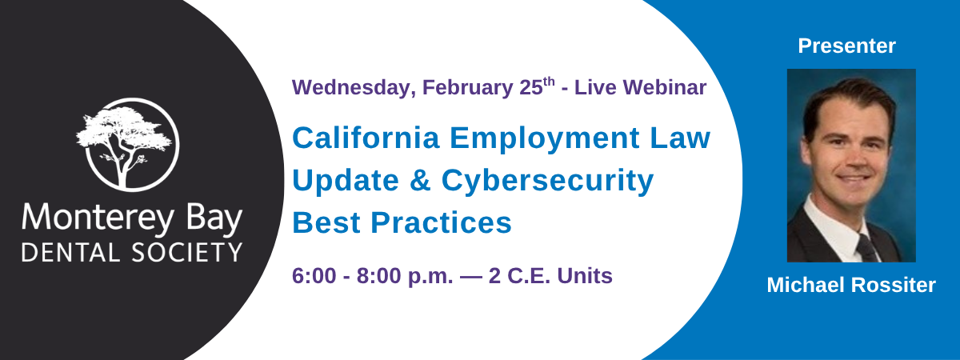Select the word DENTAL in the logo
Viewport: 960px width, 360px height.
(x=70, y=253)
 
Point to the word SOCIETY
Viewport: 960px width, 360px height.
(x=187, y=253)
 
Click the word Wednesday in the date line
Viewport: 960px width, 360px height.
(x=354, y=88)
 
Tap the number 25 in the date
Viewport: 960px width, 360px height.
(x=531, y=87)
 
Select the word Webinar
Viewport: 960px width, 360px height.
(x=665, y=87)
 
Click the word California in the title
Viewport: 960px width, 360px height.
(x=366, y=138)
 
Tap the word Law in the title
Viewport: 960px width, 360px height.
(x=681, y=138)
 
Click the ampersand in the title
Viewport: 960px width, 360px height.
(x=420, y=181)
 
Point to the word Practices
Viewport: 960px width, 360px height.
(x=441, y=223)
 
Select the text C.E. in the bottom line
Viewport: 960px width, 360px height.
(x=529, y=276)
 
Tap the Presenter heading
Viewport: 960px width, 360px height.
(x=847, y=46)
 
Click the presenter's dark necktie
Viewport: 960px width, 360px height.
(x=866, y=248)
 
